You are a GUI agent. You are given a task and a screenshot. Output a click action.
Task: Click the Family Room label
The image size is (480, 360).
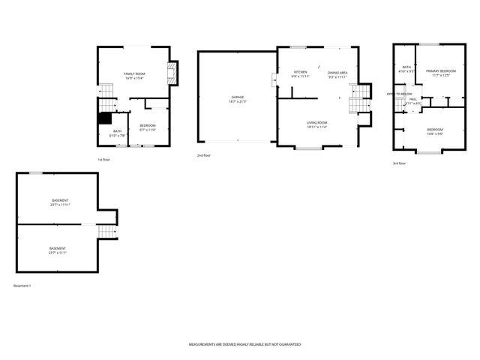134,72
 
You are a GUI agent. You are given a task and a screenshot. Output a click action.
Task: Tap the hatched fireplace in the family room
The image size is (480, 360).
174,72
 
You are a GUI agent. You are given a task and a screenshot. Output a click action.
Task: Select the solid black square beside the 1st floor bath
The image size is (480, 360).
105,118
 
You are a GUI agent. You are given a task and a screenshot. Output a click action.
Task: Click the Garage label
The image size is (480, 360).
237,97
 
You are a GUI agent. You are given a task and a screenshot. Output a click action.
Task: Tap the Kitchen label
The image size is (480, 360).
300,72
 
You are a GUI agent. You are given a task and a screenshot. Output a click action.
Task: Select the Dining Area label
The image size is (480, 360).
337,72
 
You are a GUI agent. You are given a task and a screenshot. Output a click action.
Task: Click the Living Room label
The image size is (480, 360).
316,122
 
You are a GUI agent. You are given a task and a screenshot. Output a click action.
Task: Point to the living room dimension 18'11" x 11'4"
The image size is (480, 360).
316,127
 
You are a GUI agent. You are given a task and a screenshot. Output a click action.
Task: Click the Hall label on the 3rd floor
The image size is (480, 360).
413,99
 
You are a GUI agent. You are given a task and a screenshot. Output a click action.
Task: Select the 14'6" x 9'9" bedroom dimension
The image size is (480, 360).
435,134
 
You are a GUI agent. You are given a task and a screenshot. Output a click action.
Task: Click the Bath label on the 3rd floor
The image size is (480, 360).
406,67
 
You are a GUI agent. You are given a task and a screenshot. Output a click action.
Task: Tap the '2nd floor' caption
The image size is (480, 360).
204,154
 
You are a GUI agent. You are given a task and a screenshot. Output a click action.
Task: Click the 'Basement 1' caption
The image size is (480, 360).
22,286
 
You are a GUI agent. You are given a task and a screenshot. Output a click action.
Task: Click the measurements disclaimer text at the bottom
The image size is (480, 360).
244,344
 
